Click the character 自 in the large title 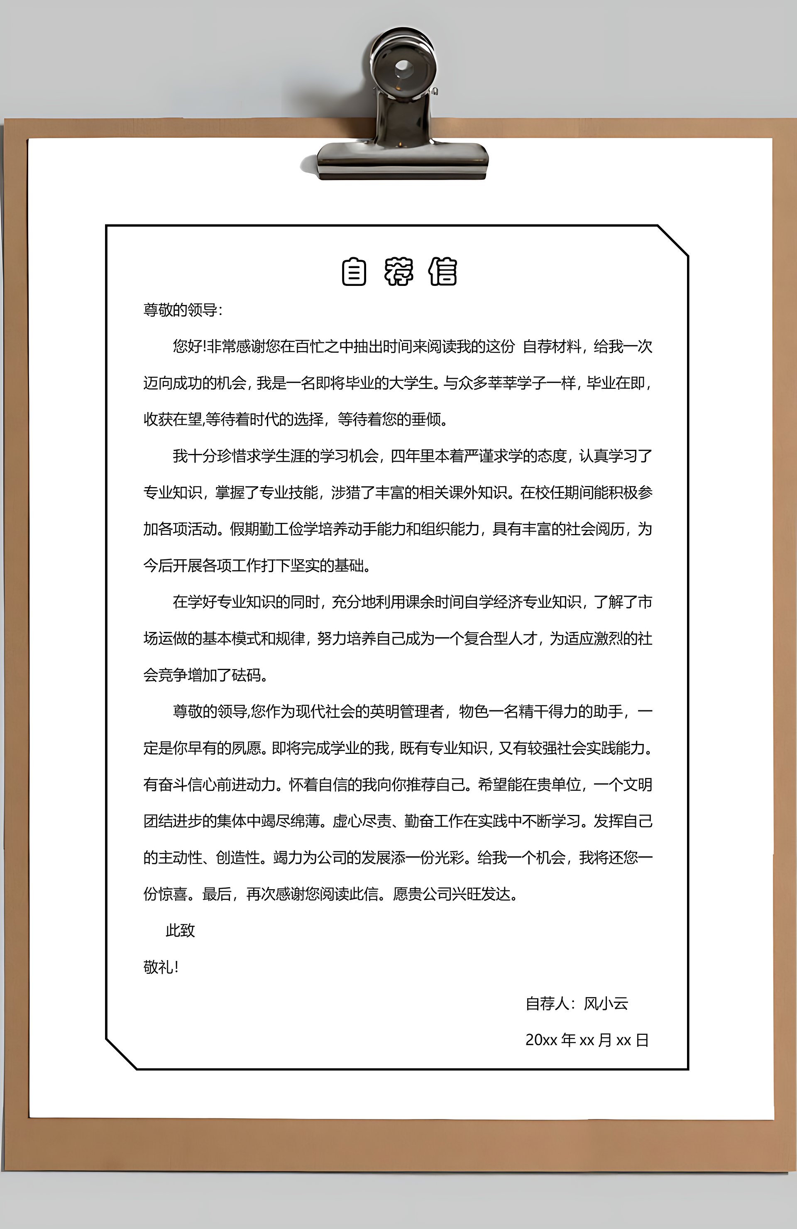354,272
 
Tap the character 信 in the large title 443,272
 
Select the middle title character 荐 398,272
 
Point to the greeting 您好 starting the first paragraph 188,346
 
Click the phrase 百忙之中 324,346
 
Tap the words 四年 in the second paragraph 404,456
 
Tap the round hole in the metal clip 403,67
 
